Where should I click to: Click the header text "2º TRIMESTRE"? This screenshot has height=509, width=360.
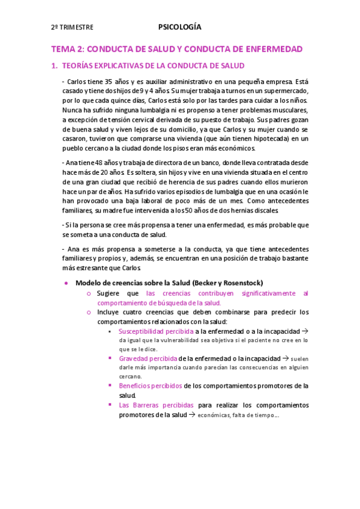pyautogui.click(x=71, y=28)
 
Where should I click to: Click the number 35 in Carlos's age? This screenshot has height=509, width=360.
pyautogui.click(x=109, y=82)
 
